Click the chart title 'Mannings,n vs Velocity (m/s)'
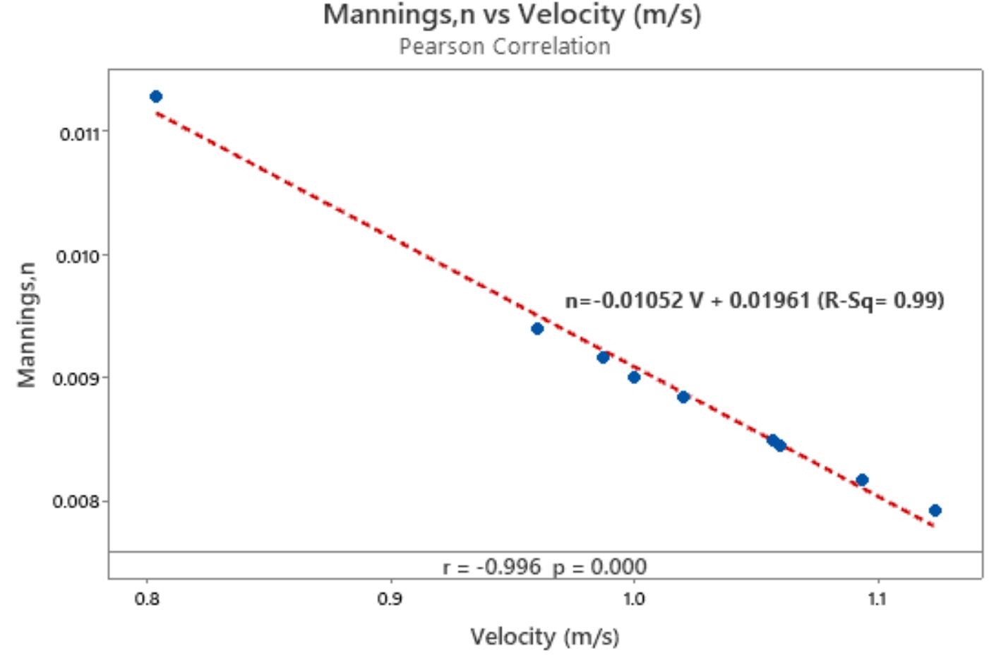click(512, 15)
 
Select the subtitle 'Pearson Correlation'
click(504, 47)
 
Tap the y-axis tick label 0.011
click(79, 133)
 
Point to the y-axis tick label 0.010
click(78, 256)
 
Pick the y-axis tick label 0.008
click(78, 502)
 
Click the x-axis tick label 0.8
click(147, 599)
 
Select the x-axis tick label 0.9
click(390, 599)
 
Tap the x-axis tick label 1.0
click(633, 599)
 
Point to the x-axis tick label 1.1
click(876, 599)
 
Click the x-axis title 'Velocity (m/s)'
click(544, 637)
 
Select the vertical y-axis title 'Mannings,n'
click(26, 325)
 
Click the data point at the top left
click(156, 97)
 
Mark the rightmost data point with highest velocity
click(935, 510)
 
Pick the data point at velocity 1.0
click(634, 377)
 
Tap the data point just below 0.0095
click(537, 328)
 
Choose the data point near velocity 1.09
click(862, 480)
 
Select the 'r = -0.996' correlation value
click(491, 567)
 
